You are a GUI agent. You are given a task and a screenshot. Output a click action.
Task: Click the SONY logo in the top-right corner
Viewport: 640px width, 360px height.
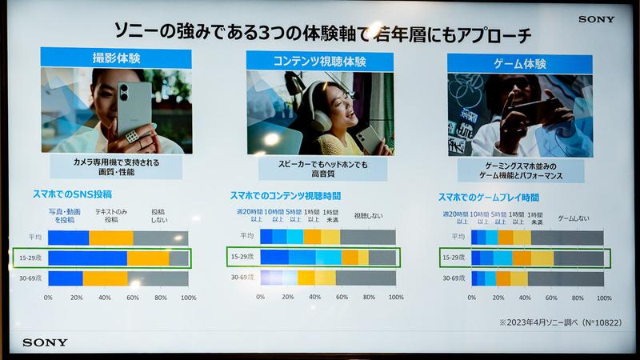click(x=597, y=19)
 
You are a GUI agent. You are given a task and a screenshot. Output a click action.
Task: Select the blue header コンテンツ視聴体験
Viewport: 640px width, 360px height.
click(x=320, y=61)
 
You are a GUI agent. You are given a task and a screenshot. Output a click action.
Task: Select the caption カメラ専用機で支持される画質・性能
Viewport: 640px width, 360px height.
click(x=117, y=166)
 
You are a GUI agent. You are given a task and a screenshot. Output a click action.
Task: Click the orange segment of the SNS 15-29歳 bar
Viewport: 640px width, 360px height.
click(x=148, y=258)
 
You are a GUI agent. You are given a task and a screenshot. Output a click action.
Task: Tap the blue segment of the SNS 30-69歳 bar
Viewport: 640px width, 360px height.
click(x=65, y=278)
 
